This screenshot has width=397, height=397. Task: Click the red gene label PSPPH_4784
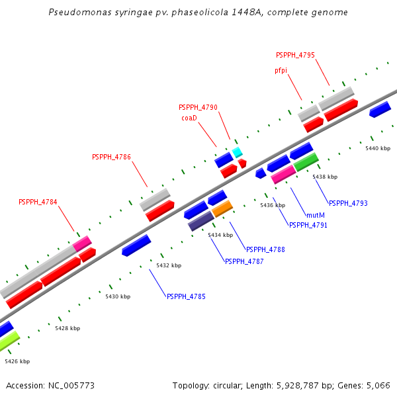pos(38,202)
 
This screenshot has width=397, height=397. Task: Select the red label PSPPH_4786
pos(111,157)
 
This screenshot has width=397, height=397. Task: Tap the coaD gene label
pos(190,118)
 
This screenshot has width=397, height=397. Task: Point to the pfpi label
pos(281,70)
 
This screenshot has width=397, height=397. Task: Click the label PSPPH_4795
pos(295,54)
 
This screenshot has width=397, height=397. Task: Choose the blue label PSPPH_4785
pos(186,296)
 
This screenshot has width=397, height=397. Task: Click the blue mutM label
pos(316,215)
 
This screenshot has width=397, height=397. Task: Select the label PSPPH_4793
pos(348,203)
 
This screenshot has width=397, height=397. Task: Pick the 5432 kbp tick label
pos(169,265)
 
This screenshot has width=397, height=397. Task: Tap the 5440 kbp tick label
pos(378,148)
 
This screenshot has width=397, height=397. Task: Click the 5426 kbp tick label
pos(17,361)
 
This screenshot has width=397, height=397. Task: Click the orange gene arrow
pos(222,209)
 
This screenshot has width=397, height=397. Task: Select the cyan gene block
pos(237,152)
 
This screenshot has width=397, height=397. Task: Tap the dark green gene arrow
pos(306,161)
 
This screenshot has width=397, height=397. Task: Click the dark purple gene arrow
pos(201,221)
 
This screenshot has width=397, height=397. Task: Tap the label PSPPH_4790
pos(198,107)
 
